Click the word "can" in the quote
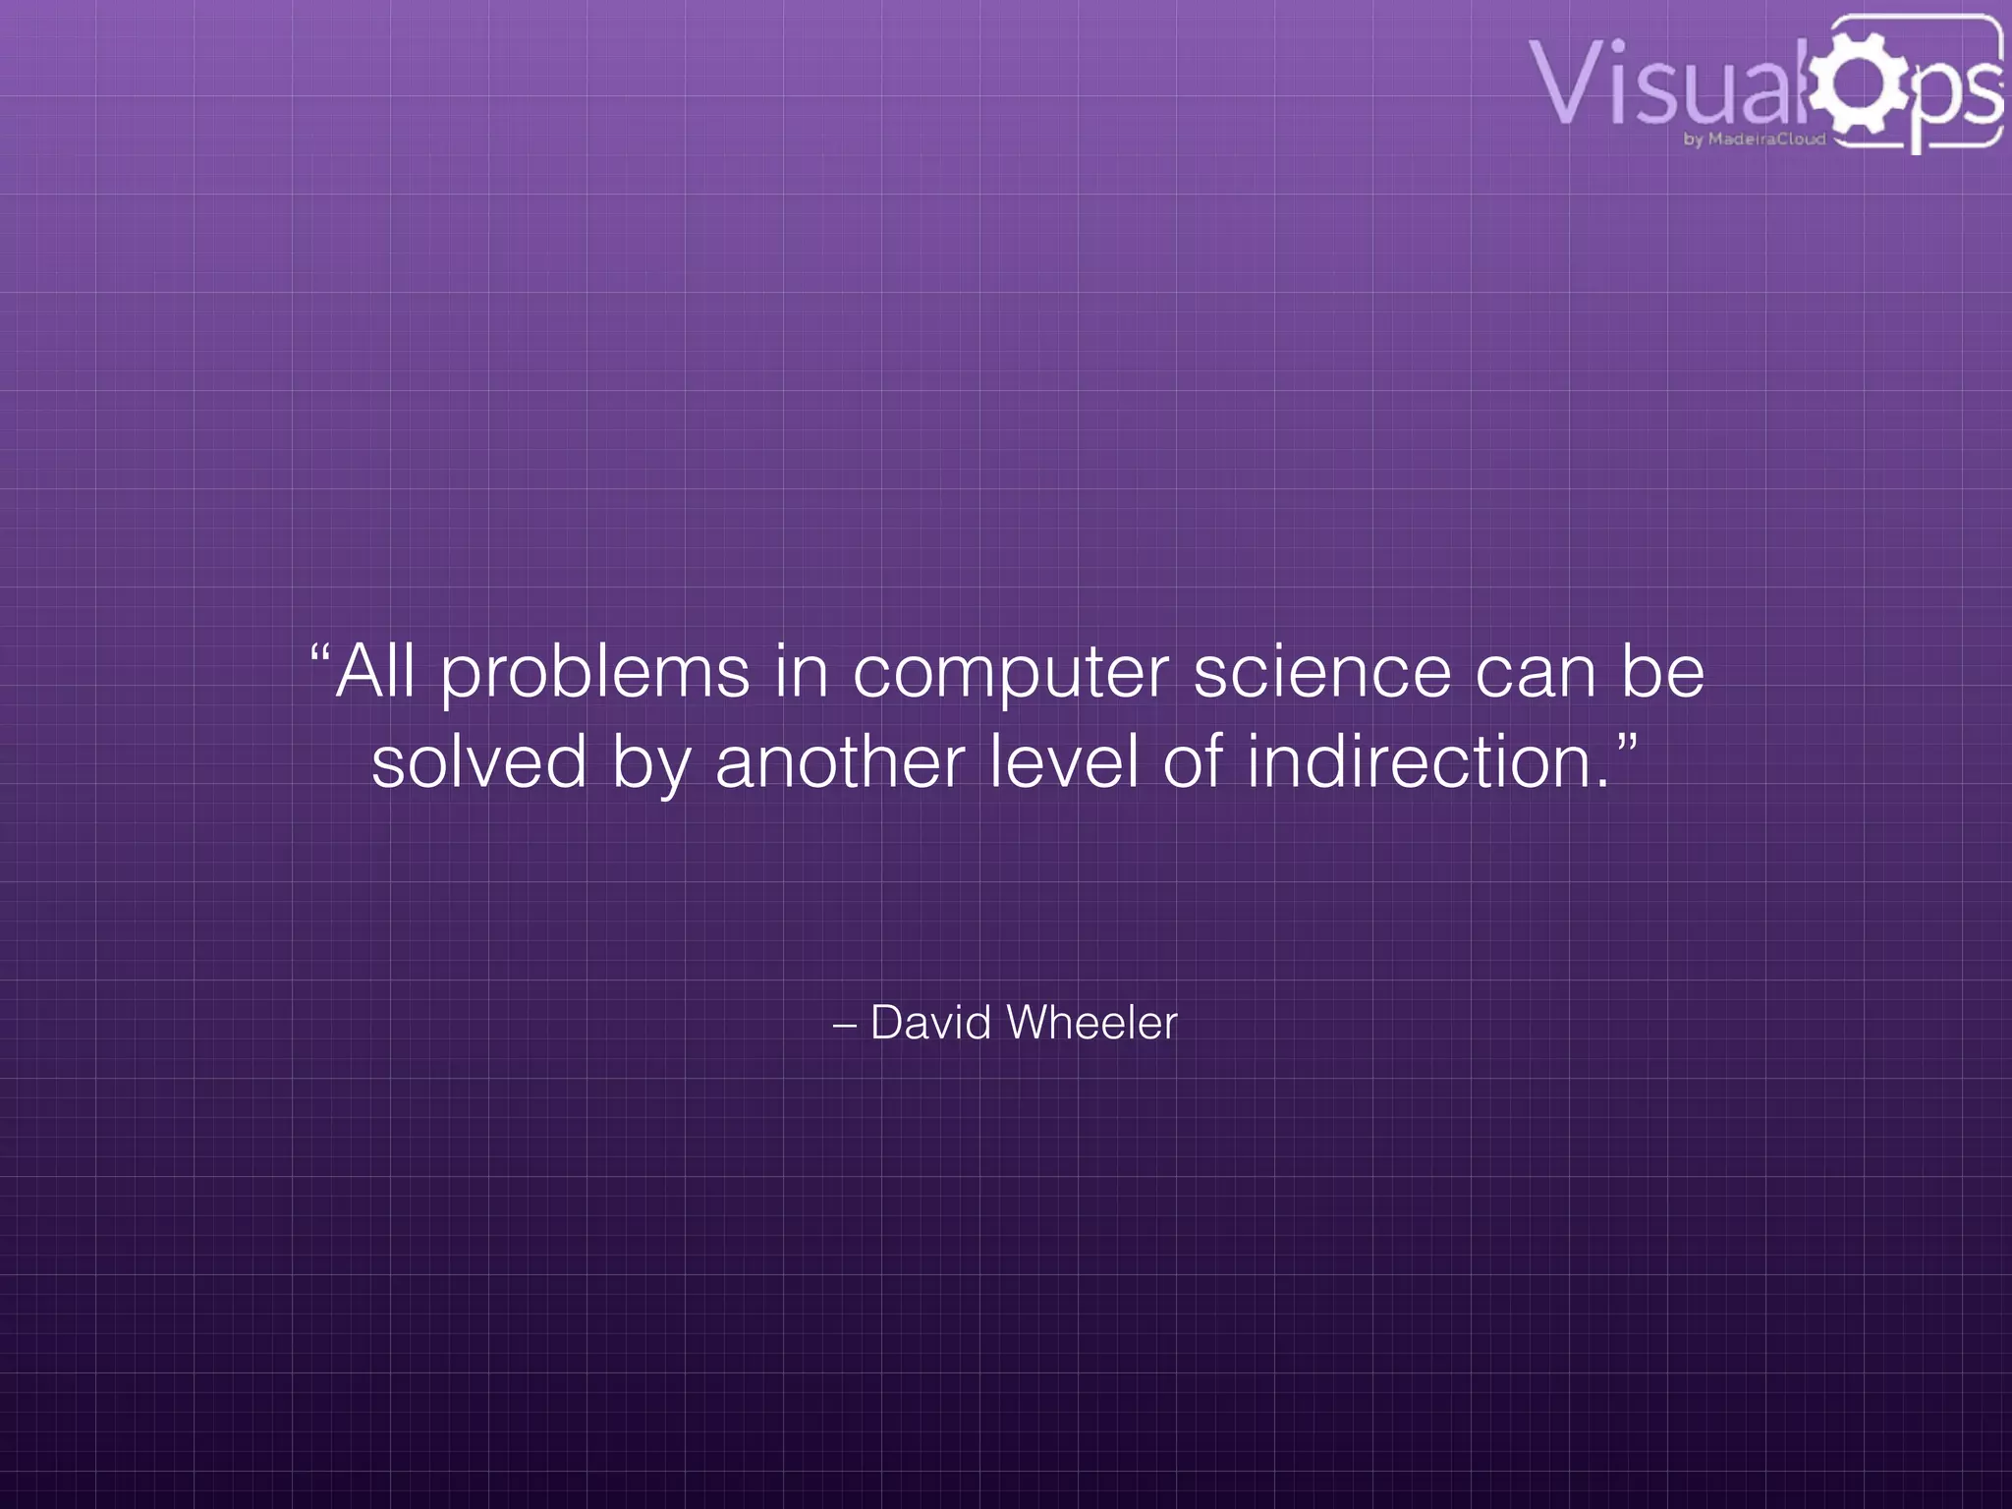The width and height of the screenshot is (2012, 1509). point(1536,673)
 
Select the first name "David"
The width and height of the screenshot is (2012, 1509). point(930,1023)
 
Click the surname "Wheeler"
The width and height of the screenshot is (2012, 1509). point(1091,1023)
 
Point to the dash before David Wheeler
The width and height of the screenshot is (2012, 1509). point(844,1026)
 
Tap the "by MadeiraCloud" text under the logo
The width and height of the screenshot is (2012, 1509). point(1755,140)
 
